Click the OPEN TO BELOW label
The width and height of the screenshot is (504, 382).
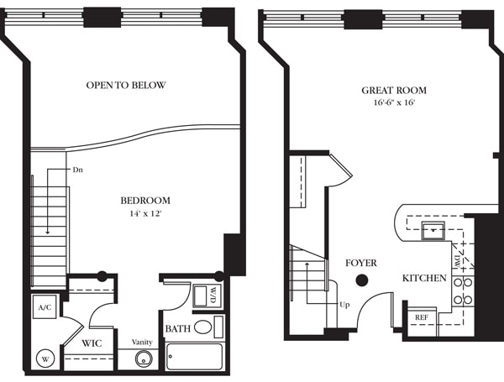[x=126, y=86]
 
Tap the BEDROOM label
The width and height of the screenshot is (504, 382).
[x=145, y=201]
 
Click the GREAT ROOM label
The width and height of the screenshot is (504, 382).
[x=394, y=90]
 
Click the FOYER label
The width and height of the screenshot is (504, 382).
[x=361, y=264]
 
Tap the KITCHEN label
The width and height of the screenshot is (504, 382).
[x=423, y=278]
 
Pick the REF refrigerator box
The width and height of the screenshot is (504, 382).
[x=420, y=317]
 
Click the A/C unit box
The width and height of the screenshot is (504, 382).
[x=45, y=307]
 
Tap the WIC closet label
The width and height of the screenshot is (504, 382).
[x=92, y=343]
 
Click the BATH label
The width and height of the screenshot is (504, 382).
[x=177, y=328]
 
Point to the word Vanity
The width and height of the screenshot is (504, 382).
[x=142, y=342]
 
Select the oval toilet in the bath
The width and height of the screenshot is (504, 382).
[x=203, y=327]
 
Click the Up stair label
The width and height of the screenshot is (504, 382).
[x=344, y=304]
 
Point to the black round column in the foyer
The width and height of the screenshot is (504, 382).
[x=362, y=280]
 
